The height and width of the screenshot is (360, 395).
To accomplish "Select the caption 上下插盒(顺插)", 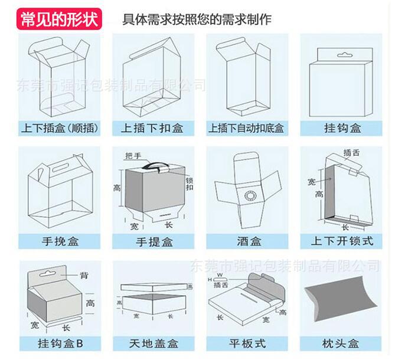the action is (59, 127).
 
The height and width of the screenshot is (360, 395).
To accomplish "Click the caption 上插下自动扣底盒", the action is (246, 127).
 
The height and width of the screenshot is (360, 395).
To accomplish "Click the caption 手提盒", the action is (154, 241).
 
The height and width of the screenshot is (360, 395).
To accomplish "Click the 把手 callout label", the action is (133, 156).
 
